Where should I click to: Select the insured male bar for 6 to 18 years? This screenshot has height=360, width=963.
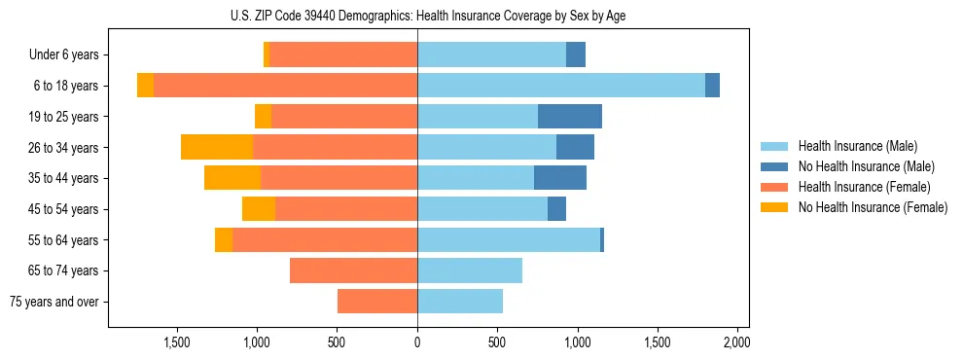(561, 86)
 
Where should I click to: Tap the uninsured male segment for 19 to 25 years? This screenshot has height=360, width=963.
(569, 117)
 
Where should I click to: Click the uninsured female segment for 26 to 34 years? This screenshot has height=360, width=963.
(217, 147)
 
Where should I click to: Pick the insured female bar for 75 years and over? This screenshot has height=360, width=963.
(377, 302)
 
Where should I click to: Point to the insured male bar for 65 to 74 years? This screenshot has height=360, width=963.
(470, 270)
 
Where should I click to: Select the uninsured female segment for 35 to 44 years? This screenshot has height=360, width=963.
(232, 178)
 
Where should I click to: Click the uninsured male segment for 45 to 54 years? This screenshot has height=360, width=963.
(556, 209)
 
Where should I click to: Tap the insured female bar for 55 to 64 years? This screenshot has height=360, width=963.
(325, 239)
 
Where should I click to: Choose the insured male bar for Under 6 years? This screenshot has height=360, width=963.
(491, 54)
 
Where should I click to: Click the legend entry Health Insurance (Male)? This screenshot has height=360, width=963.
(857, 147)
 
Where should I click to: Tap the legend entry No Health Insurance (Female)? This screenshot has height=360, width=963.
(873, 207)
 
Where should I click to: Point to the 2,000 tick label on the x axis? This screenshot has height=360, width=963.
(737, 342)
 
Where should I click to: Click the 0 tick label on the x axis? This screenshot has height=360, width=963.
(417, 342)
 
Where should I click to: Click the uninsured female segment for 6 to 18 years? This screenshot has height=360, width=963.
(145, 86)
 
